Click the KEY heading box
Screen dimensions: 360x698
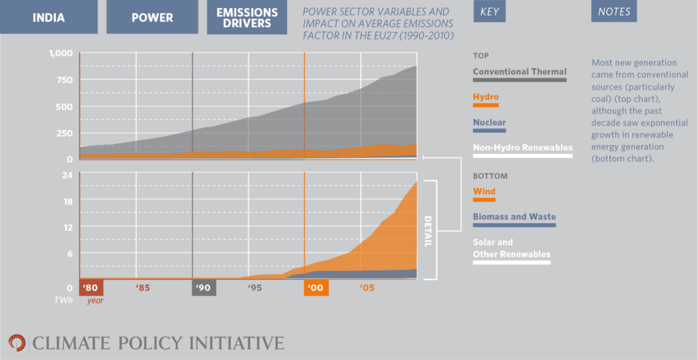(x=490, y=12)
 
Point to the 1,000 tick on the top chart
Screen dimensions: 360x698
(x=60, y=54)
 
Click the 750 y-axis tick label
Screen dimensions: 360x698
(x=64, y=80)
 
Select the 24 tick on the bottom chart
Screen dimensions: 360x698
(x=68, y=175)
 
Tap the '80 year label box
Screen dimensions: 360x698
(x=91, y=288)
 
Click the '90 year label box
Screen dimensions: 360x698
(x=204, y=288)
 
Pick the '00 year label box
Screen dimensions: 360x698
(x=316, y=288)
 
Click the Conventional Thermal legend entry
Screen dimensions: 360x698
(x=519, y=72)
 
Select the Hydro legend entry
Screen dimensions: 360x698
(x=485, y=97)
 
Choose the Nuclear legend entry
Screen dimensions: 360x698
(x=489, y=123)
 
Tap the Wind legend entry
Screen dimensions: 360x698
(x=484, y=192)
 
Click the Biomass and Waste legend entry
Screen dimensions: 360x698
(x=514, y=217)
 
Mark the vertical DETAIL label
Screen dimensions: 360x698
(x=428, y=230)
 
